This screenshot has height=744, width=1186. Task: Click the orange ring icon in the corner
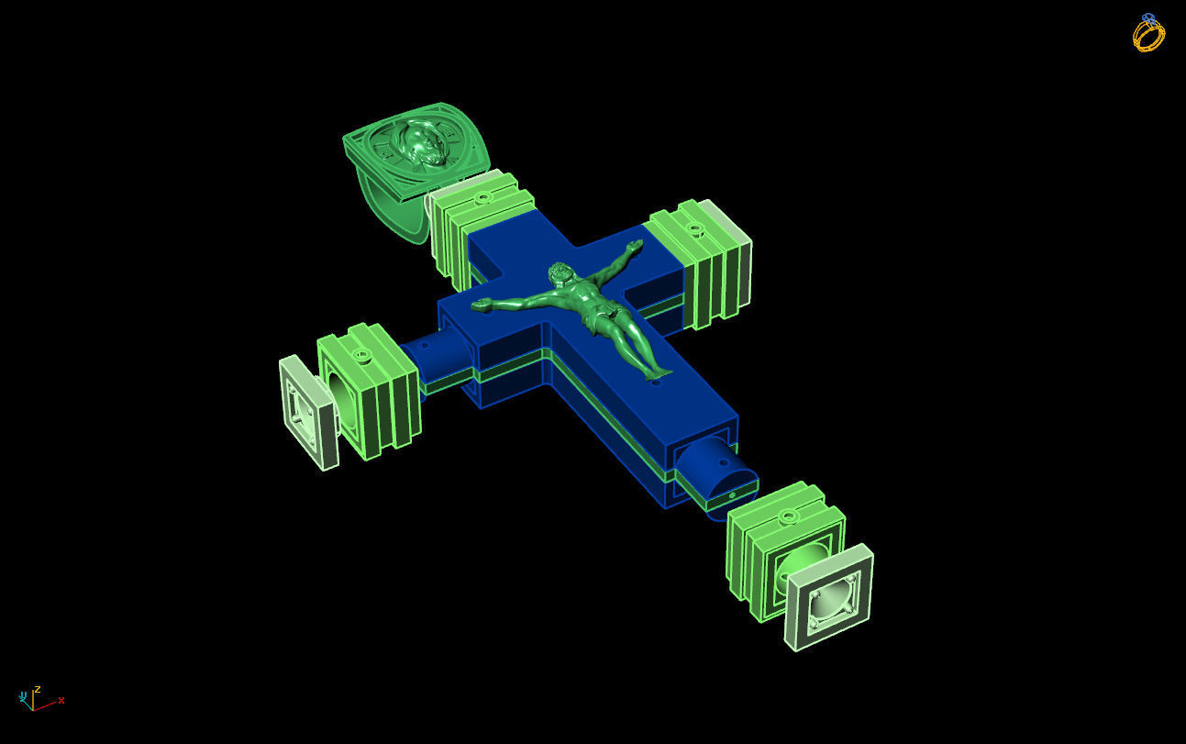[1148, 34]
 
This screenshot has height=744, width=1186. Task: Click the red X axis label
[61, 701]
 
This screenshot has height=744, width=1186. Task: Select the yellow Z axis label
[37, 689]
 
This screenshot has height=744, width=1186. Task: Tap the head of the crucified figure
[558, 273]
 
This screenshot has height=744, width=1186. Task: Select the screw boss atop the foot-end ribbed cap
[787, 517]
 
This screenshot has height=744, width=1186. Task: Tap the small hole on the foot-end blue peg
[733, 495]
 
